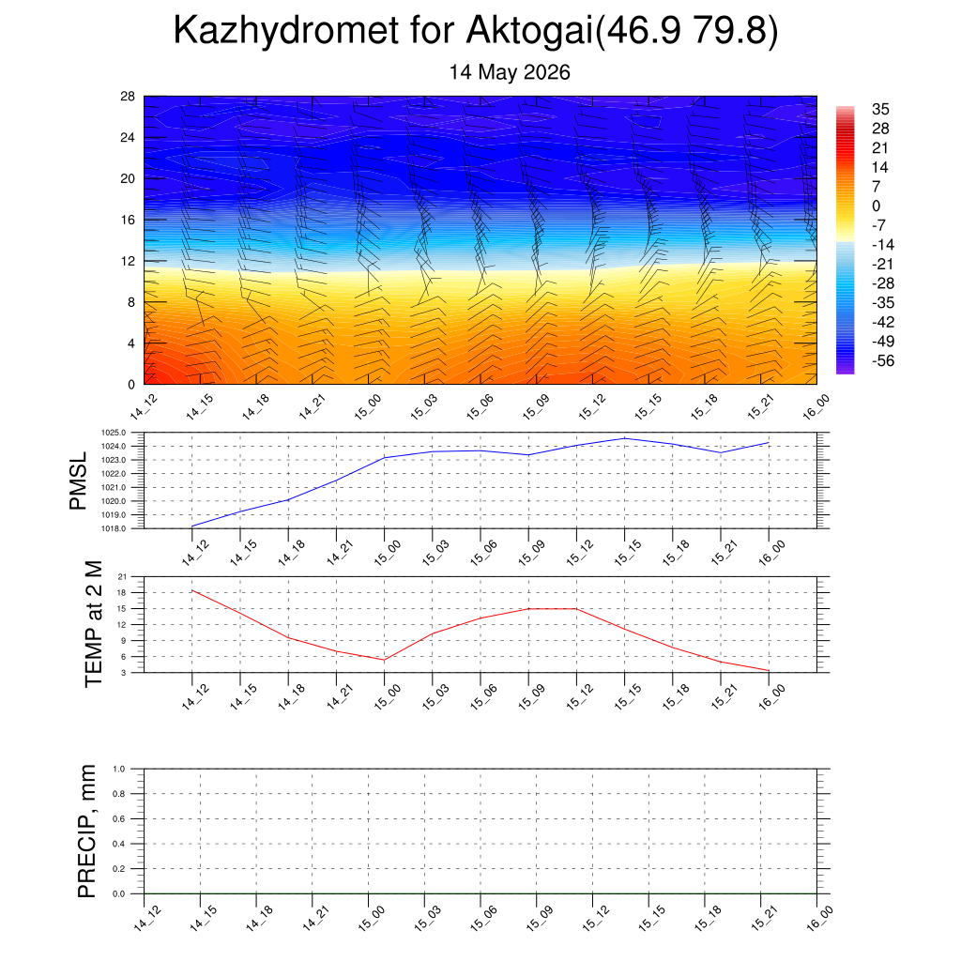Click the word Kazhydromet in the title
[286, 31]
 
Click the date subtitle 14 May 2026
[510, 72]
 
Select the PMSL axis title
[78, 481]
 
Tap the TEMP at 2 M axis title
[93, 624]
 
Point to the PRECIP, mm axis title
[87, 831]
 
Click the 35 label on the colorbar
[880, 109]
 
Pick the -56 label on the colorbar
[883, 360]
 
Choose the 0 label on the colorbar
[876, 206]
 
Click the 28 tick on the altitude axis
[128, 97]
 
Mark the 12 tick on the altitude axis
[128, 261]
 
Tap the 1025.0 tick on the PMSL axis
[114, 433]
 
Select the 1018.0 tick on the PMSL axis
[114, 528]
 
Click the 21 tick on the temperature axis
[123, 577]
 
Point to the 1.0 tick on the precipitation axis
[119, 769]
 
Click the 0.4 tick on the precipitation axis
[119, 844]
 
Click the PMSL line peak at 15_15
[624, 438]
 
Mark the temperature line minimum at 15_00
[384, 660]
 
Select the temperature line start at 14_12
[192, 590]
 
